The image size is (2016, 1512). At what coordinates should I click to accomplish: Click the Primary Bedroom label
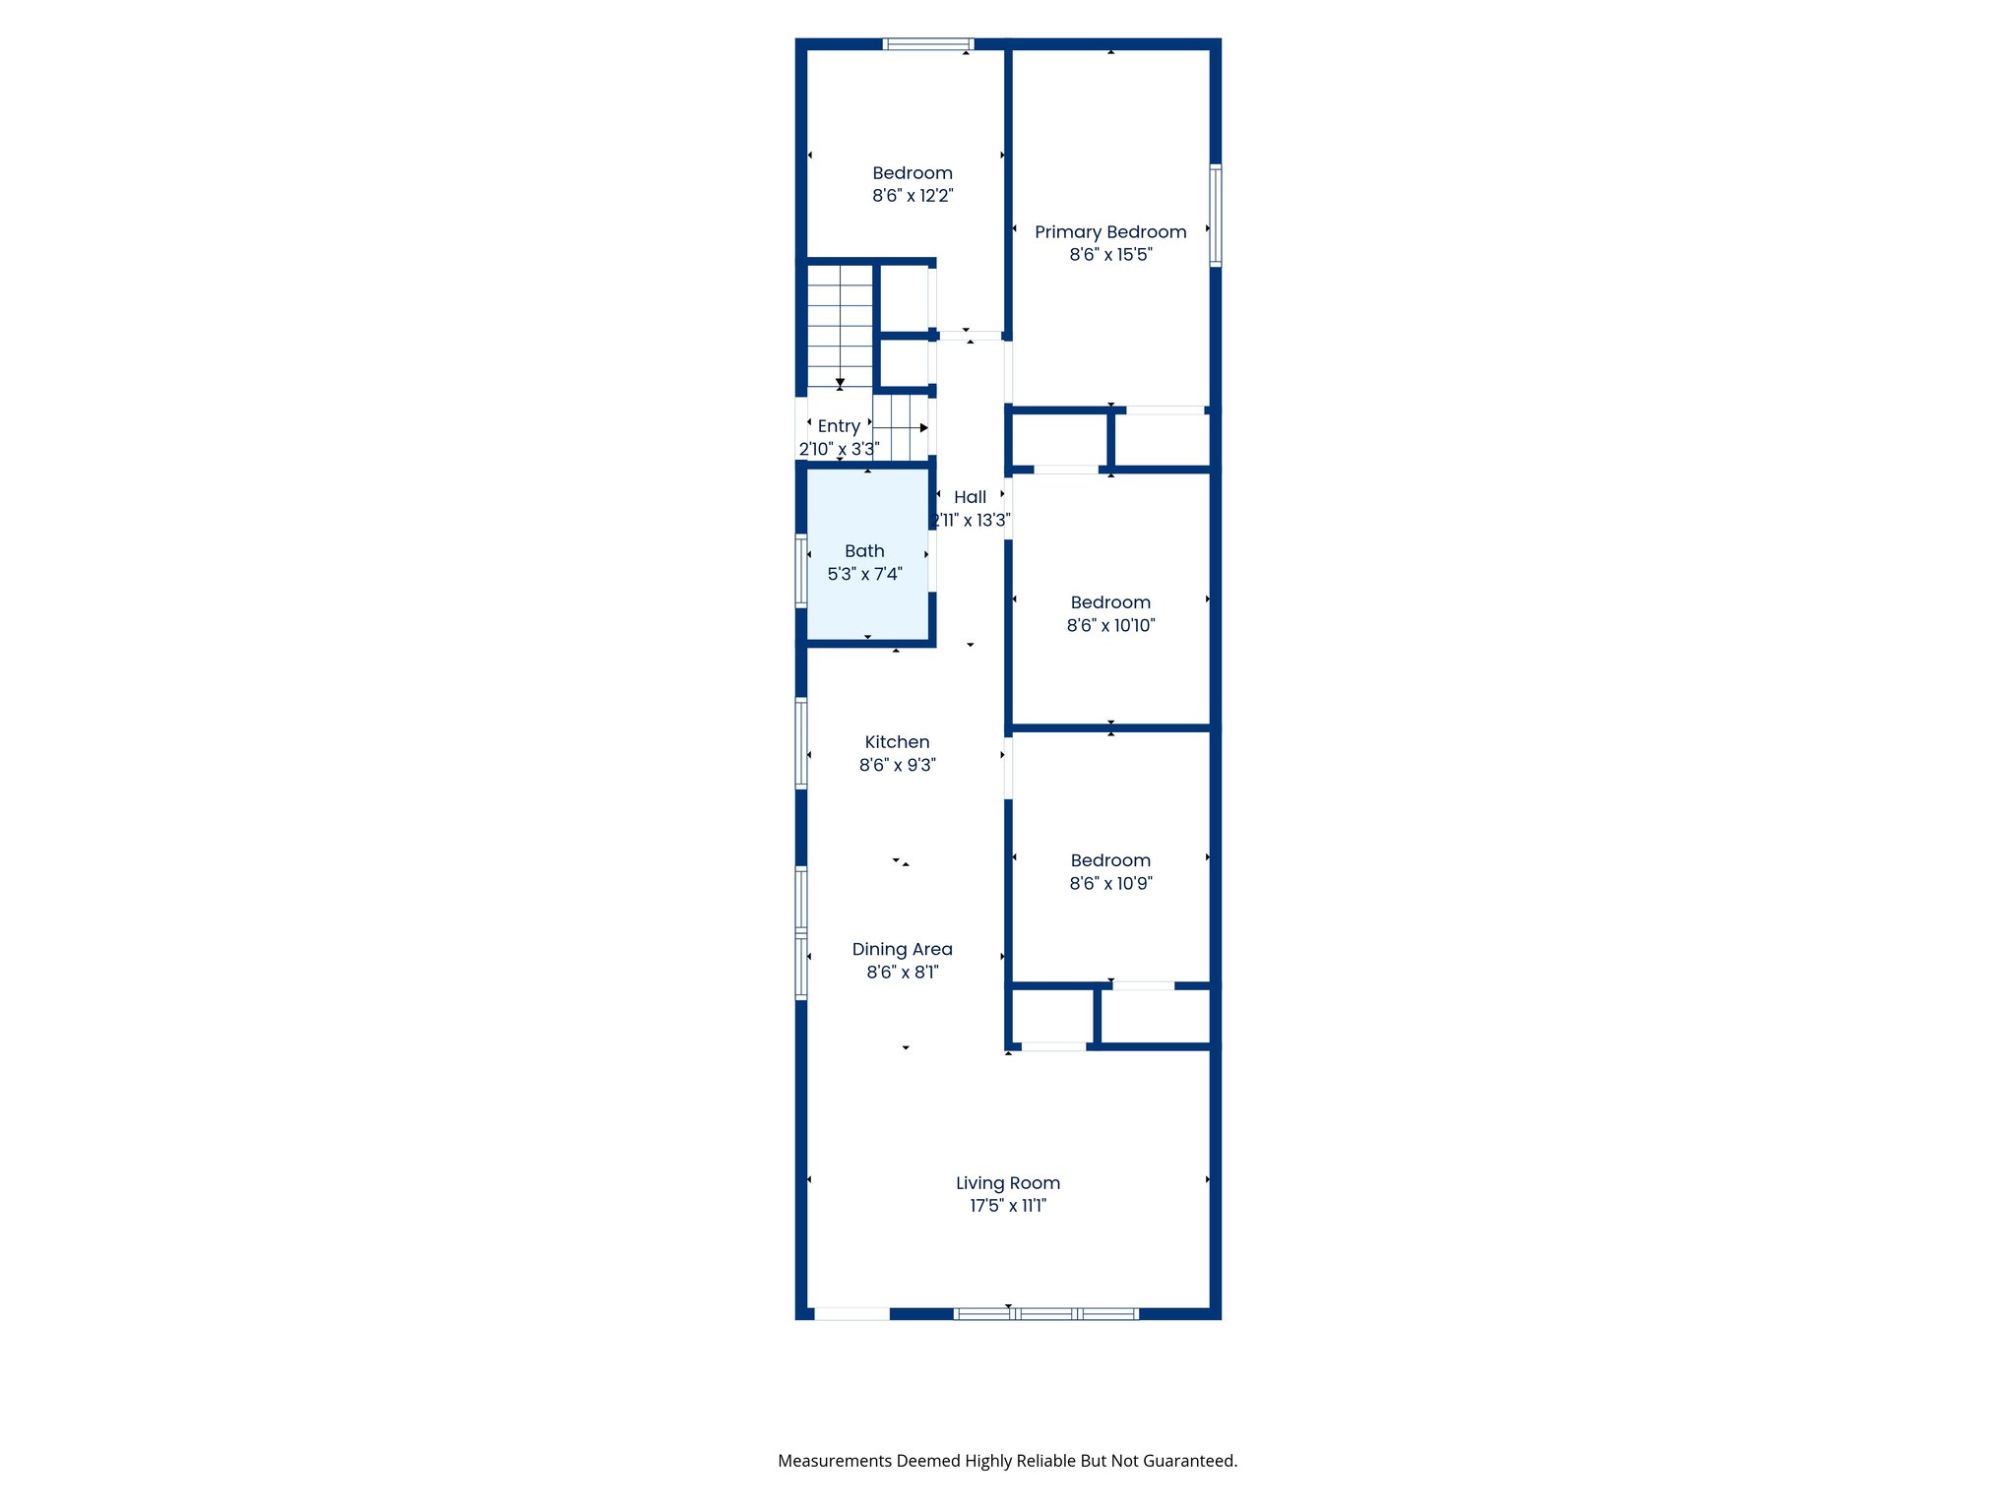(x=1110, y=232)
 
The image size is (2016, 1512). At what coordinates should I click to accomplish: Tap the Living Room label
(x=1008, y=1183)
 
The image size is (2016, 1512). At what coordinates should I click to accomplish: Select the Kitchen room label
(x=897, y=742)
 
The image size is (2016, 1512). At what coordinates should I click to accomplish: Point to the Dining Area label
(x=902, y=949)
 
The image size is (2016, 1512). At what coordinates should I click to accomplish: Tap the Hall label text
(x=970, y=497)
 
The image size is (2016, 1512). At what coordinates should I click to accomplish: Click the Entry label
(x=839, y=426)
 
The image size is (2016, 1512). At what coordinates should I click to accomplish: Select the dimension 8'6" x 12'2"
(x=913, y=196)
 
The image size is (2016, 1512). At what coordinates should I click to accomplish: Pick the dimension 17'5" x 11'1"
(x=1008, y=1206)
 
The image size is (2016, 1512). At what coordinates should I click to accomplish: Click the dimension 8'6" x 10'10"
(x=1110, y=625)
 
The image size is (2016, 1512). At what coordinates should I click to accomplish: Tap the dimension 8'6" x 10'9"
(x=1110, y=884)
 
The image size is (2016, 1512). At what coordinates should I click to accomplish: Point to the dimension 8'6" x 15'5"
(x=1110, y=255)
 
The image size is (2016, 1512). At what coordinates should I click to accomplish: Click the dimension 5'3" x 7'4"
(x=864, y=574)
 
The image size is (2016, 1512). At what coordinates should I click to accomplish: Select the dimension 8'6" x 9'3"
(x=897, y=765)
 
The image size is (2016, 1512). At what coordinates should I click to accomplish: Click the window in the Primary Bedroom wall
(x=1216, y=216)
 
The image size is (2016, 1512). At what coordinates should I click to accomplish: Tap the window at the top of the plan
(x=927, y=44)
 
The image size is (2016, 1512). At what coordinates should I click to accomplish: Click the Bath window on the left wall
(x=801, y=570)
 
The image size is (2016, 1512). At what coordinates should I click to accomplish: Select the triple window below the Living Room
(x=1046, y=1313)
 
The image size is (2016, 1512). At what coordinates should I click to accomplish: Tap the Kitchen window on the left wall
(x=801, y=743)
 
